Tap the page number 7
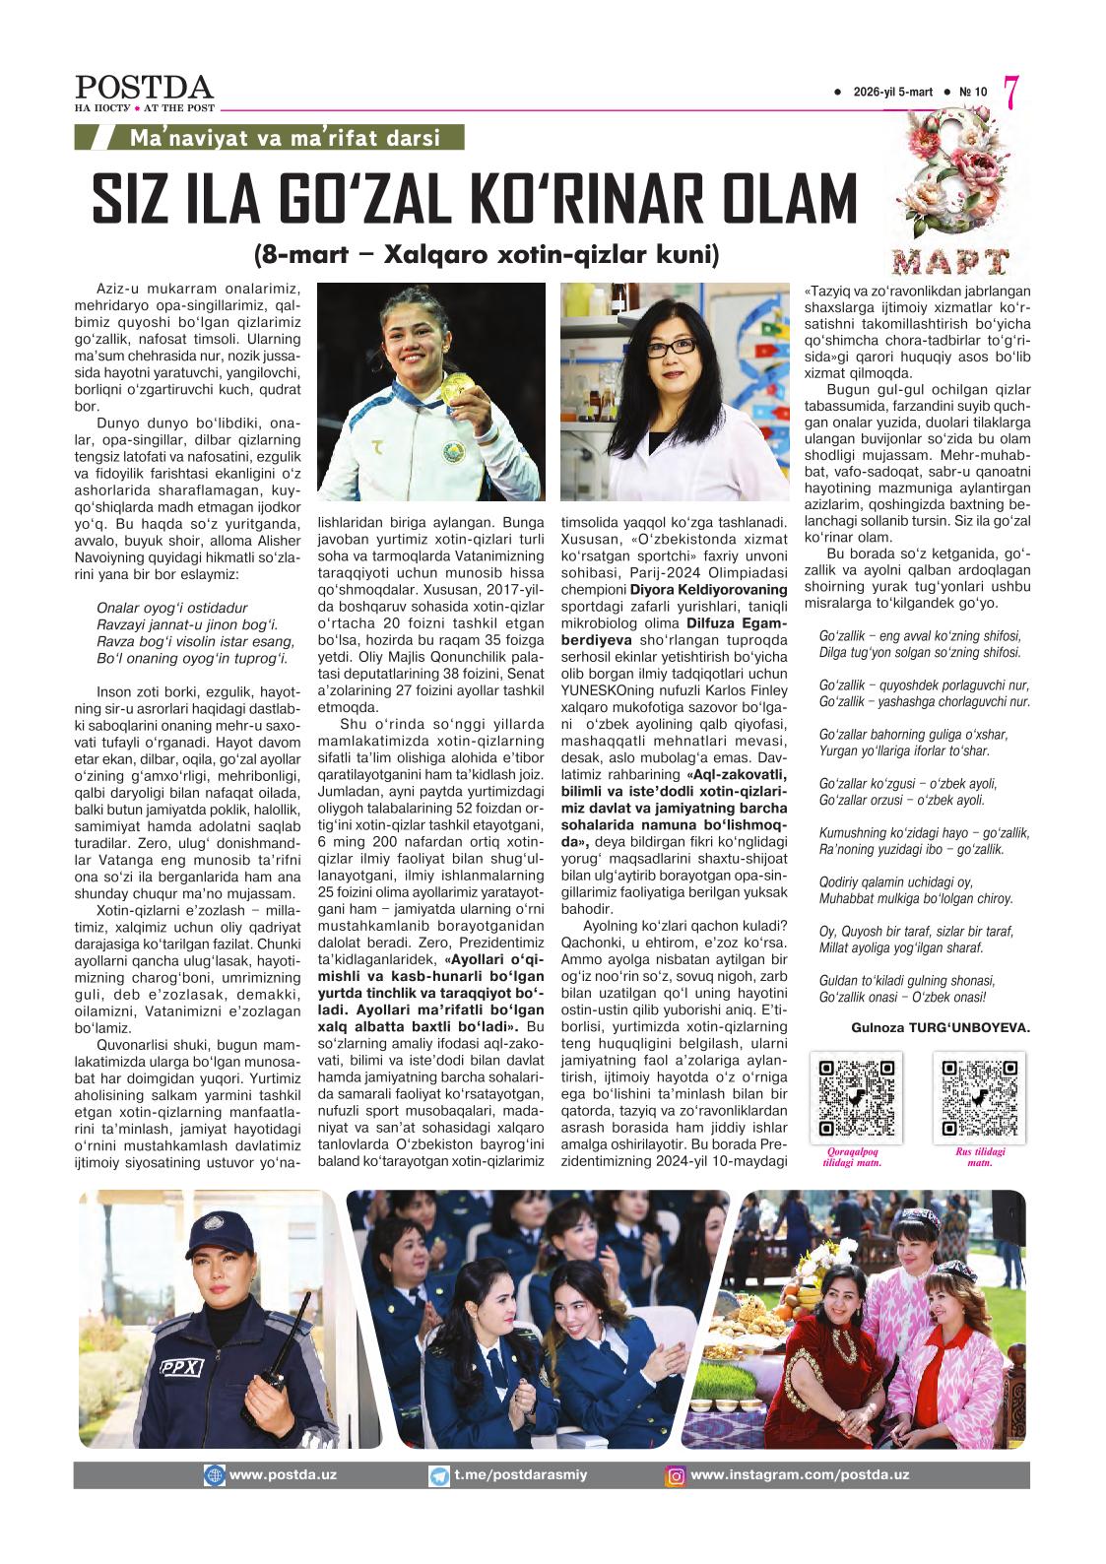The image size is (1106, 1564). (1010, 92)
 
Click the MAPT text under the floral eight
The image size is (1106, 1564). (951, 261)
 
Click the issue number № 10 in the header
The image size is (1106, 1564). (973, 93)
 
